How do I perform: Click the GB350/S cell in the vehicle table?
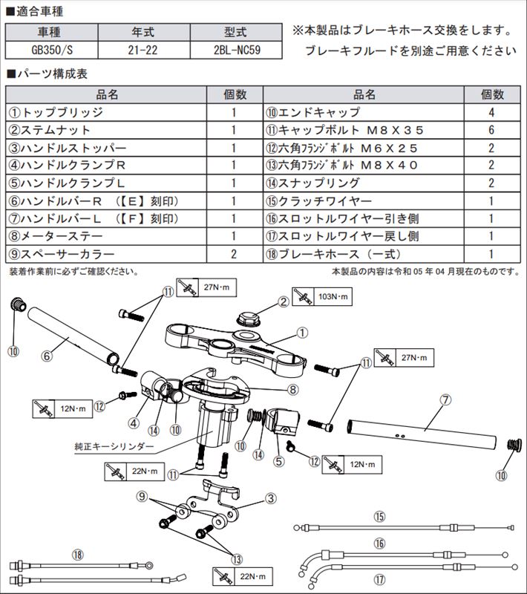point(52,50)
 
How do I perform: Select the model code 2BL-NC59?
point(236,50)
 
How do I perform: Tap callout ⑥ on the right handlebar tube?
point(47,356)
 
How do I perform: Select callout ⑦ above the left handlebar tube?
point(445,400)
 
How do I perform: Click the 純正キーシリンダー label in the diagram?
point(114,447)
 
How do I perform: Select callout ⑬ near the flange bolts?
point(237,559)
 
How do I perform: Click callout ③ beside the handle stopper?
point(270,498)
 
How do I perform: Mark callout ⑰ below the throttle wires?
point(379,581)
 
